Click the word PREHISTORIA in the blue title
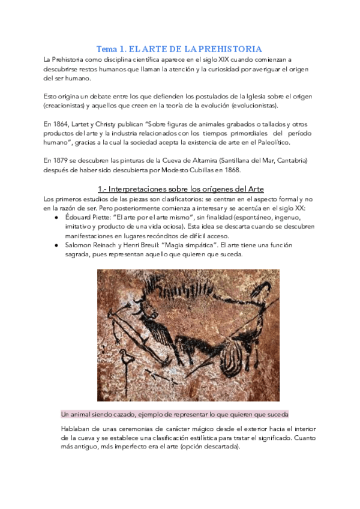[231, 49]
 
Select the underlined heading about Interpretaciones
[181, 189]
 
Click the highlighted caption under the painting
[175, 414]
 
